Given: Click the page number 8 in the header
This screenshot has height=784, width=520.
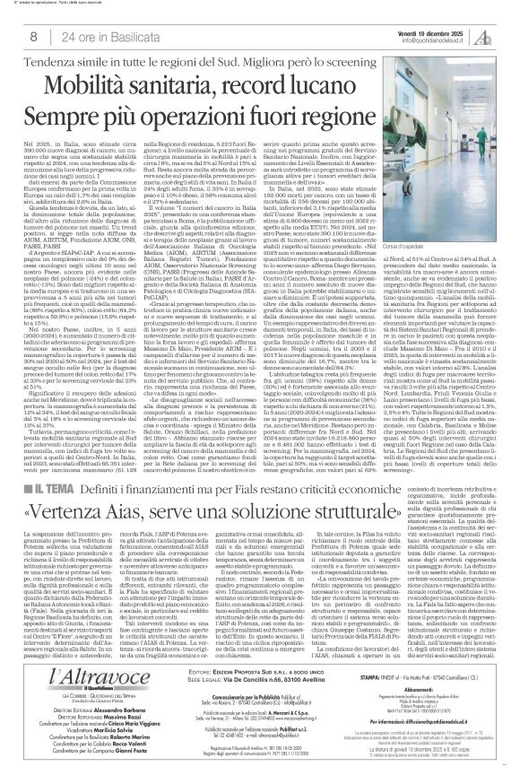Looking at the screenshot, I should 33,35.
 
